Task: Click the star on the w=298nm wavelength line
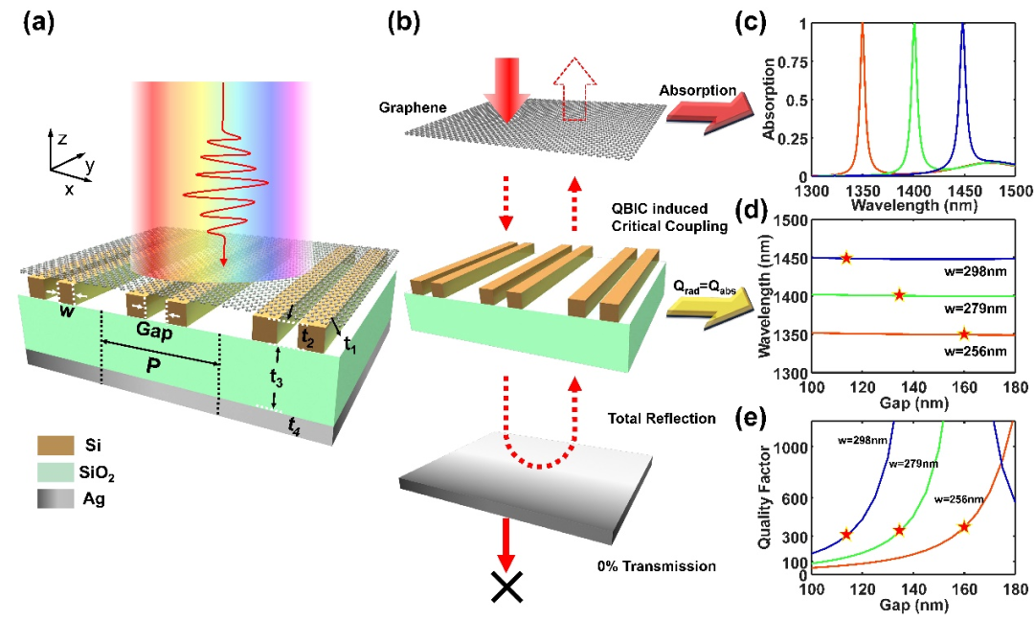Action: tap(846, 258)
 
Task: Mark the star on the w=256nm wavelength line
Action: tap(964, 333)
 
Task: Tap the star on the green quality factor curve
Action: tap(899, 530)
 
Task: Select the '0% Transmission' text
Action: tap(660, 566)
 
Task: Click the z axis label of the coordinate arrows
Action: tap(60, 138)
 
